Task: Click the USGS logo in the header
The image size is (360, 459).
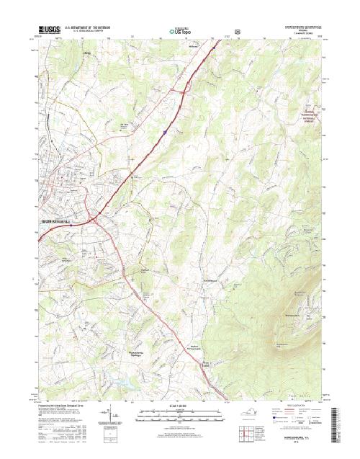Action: [48, 30]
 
